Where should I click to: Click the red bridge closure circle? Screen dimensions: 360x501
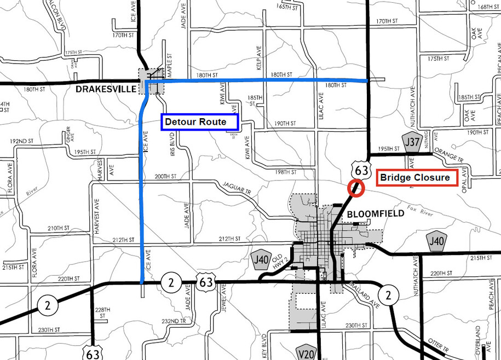point(356,188)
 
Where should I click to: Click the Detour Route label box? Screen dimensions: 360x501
point(199,122)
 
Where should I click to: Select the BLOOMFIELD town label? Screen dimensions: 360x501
point(376,214)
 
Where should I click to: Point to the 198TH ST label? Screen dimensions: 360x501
point(286,172)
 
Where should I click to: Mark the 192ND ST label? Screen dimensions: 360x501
point(21,141)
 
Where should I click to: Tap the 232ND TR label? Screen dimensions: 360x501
point(174,321)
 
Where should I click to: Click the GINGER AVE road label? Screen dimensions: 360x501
point(68,135)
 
